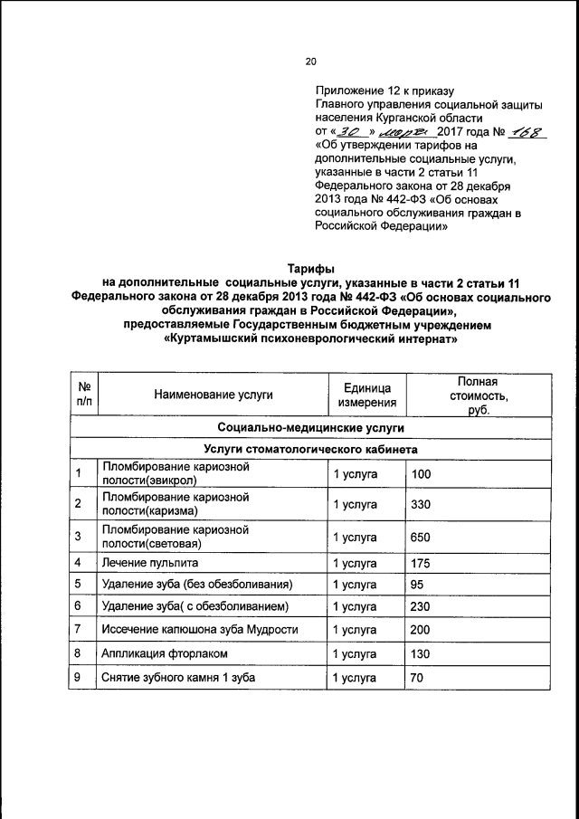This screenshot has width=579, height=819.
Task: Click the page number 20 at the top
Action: [x=310, y=62]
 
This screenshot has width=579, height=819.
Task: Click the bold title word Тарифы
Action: [x=310, y=269]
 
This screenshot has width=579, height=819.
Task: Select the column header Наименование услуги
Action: [x=213, y=395]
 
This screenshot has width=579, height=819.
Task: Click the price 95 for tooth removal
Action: [x=418, y=584]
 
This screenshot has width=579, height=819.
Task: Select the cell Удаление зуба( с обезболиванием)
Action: [x=195, y=605]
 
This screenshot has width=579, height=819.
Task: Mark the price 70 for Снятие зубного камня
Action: [x=418, y=677]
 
